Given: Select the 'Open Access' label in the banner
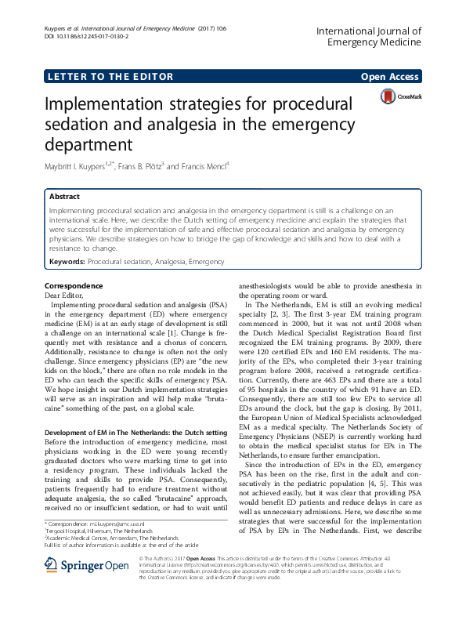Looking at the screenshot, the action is coord(391,76).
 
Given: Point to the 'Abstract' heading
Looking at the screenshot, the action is coord(64,197).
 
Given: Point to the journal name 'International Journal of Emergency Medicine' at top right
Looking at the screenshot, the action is coord(368,38).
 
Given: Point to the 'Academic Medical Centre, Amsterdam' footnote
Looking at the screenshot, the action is coord(100,537).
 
